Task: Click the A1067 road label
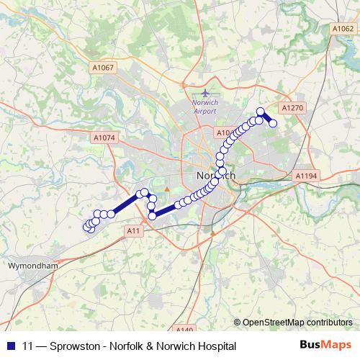103,68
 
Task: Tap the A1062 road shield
342,29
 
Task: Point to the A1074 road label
104,137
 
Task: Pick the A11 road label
132,230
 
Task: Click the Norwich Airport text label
204,107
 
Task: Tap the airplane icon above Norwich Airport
205,93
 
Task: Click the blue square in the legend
10,346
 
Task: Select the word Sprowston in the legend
76,346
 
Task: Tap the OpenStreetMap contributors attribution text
297,322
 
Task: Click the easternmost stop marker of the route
274,124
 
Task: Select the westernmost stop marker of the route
88,226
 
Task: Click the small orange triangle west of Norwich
167,189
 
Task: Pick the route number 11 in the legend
28,346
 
